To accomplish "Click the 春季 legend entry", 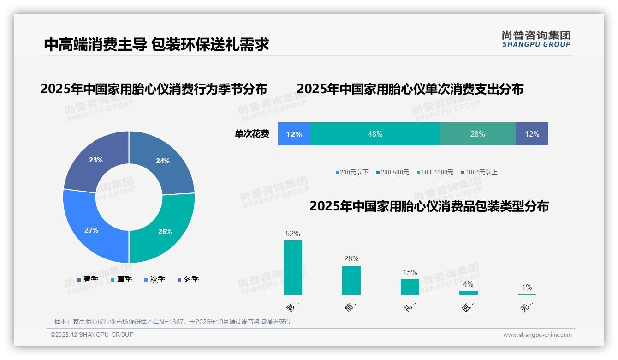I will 88,279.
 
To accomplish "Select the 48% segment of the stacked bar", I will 375,134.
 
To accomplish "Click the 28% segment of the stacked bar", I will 477,134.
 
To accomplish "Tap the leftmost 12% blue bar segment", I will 294,134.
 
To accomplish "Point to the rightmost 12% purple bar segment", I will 532,134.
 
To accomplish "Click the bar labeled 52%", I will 292,268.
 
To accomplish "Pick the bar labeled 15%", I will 410,287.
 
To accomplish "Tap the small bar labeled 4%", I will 468,293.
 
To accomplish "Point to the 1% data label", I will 527,287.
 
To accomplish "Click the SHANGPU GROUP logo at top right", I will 536,39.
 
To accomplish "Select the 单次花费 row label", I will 252,134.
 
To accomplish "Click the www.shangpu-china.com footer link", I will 537,335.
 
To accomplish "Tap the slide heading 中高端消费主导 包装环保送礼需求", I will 156,44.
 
